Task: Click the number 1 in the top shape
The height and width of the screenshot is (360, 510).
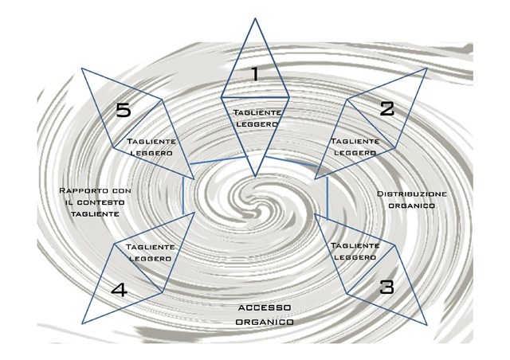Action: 255,75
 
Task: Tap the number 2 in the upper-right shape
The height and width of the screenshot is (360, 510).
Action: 386,109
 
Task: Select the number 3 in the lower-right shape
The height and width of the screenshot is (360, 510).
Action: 386,287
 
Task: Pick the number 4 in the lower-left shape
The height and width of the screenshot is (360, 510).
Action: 119,290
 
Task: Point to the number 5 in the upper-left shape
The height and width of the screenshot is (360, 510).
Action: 124,110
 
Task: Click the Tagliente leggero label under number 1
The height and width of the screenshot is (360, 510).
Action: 256,119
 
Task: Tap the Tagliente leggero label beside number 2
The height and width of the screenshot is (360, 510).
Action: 354,147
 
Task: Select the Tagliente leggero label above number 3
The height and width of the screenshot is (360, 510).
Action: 354,252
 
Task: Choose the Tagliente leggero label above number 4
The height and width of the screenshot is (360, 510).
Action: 151,253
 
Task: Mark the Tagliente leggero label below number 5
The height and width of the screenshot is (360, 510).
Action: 151,147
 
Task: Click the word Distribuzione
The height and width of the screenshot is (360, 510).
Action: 412,194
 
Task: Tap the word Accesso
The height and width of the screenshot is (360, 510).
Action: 264,307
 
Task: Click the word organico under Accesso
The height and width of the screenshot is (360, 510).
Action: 264,321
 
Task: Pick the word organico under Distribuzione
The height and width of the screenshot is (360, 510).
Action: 412,205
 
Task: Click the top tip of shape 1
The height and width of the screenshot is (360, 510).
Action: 255,17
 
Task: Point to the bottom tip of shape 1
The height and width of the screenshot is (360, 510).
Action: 255,176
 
